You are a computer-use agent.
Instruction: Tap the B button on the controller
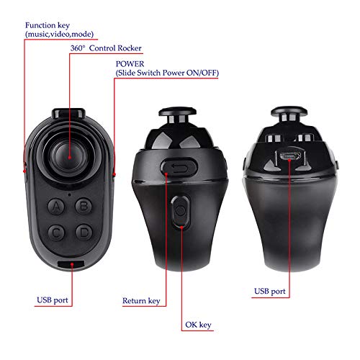tap(84, 206)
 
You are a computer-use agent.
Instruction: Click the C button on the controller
tap(56, 233)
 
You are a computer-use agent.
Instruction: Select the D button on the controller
tap(84, 233)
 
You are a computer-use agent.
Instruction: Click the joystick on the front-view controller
tap(69, 156)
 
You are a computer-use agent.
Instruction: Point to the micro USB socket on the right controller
tap(289, 156)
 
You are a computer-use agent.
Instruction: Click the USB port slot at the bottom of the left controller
tap(71, 264)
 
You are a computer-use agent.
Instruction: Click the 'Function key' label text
tap(48, 25)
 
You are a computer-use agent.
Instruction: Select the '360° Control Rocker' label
tap(106, 48)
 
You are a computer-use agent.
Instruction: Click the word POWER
tap(130, 64)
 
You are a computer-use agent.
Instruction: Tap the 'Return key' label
tap(141, 301)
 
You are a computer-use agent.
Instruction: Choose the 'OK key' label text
tap(198, 325)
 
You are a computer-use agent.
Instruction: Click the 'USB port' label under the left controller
tap(53, 300)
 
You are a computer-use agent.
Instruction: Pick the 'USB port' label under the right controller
tap(270, 291)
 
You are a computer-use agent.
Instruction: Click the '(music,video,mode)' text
tap(59, 34)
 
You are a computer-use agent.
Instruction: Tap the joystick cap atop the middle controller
tap(178, 112)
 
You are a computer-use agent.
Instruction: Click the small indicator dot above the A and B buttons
tap(69, 194)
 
